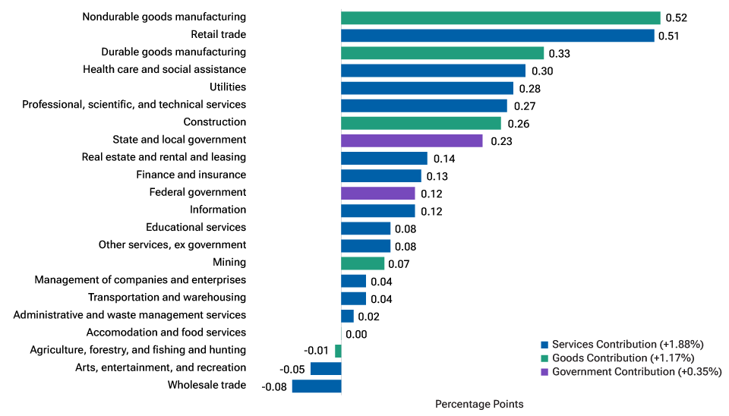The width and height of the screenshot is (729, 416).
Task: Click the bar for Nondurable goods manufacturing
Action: [x=500, y=17]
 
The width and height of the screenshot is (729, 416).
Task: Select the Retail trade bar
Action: [x=497, y=35]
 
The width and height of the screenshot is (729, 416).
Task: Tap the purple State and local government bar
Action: [x=412, y=140]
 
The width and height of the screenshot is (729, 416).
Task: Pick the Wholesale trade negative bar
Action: [x=317, y=386]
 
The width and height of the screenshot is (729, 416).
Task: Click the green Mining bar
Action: [x=362, y=263]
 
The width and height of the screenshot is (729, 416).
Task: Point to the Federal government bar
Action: [x=377, y=193]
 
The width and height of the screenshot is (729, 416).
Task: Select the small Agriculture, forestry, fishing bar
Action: [x=338, y=351]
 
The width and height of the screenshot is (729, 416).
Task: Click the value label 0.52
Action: [x=676, y=18]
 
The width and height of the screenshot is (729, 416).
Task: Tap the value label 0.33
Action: [x=559, y=53]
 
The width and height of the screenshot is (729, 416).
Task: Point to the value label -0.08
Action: [x=273, y=387]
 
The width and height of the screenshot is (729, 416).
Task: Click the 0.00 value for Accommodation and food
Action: [x=356, y=334]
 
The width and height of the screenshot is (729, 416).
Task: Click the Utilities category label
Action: [x=227, y=87]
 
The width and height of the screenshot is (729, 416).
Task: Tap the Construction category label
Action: [x=214, y=122]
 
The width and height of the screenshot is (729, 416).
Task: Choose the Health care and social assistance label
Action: [x=164, y=70]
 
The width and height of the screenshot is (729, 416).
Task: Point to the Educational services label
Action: [x=196, y=228]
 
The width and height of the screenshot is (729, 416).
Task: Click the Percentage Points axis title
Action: [x=478, y=404]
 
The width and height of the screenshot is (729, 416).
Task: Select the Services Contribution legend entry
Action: [x=627, y=344]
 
